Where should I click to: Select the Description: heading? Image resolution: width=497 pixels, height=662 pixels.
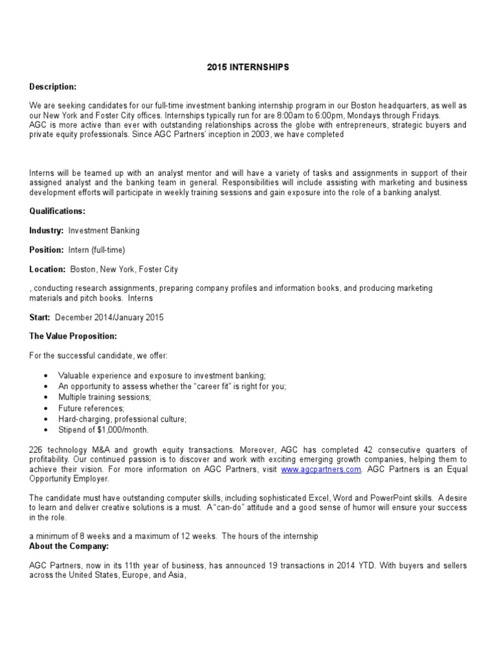point(53,87)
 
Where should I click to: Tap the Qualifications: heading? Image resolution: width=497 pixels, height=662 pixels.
point(57,211)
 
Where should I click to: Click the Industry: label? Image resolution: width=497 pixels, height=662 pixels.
point(47,230)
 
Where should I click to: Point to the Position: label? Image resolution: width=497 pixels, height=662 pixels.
point(47,250)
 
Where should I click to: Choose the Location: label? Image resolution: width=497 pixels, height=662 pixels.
point(48,269)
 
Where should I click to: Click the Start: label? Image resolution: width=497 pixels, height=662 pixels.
point(41,317)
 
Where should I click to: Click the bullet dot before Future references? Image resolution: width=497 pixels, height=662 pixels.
point(44,409)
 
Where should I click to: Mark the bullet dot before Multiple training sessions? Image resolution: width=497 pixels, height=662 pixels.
point(44,398)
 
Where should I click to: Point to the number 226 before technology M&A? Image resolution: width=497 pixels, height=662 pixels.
point(37,449)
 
